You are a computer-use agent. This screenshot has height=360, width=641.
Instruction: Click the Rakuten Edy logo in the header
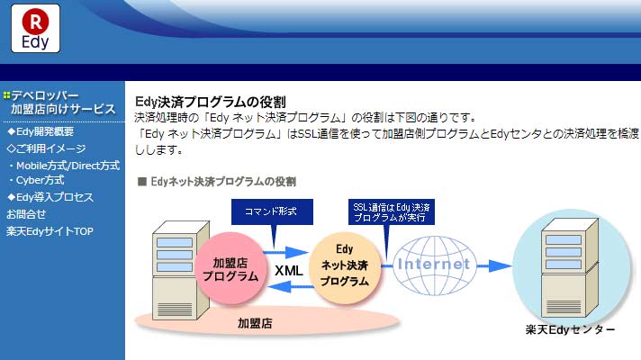tap(36, 29)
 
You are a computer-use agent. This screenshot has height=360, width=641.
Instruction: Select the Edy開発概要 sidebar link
tap(41, 131)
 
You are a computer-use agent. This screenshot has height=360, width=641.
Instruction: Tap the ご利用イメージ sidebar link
tap(46, 148)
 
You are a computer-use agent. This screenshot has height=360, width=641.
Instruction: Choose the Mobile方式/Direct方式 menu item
tap(65, 166)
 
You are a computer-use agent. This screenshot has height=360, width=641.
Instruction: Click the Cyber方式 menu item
tap(37, 180)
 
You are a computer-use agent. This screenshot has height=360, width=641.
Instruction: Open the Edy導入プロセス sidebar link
tap(50, 197)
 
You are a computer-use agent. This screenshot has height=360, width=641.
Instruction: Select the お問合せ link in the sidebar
tap(26, 214)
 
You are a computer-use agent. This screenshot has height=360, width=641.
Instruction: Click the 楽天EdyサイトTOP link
tap(50, 231)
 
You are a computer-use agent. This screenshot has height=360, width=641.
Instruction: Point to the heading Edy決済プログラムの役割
tap(211, 102)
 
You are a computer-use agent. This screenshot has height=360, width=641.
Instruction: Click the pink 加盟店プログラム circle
tap(230, 269)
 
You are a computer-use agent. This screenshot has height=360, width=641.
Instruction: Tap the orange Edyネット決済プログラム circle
tap(345, 268)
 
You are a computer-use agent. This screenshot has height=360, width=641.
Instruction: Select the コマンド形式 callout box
tap(272, 211)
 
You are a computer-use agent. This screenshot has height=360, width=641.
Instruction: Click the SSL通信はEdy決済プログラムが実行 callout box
tap(392, 211)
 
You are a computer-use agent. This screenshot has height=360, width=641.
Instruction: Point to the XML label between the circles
tap(289, 271)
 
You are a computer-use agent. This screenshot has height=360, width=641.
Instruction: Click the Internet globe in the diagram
tap(434, 265)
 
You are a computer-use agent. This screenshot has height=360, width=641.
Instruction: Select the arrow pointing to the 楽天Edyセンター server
tap(494, 266)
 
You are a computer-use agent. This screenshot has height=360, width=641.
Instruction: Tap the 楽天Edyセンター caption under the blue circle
tap(570, 329)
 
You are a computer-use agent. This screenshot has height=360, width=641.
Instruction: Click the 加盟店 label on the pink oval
tap(255, 324)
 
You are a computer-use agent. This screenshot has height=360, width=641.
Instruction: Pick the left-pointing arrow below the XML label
tap(290, 287)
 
